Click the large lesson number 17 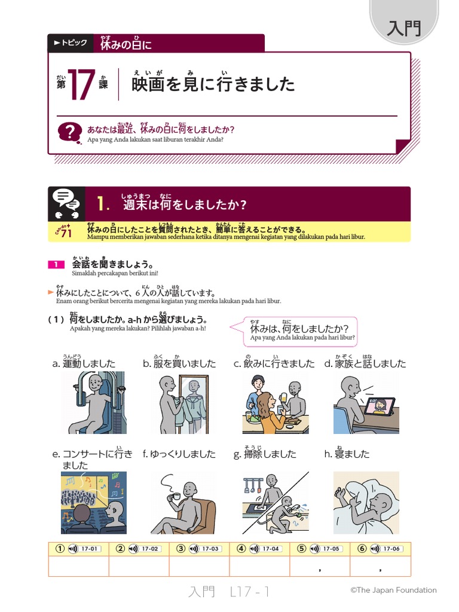click(x=81, y=84)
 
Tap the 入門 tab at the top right click(x=404, y=28)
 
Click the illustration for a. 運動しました click(x=93, y=402)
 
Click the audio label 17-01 click(x=88, y=549)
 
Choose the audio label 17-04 click(x=270, y=549)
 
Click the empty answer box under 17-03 click(x=199, y=567)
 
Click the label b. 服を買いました click(x=179, y=363)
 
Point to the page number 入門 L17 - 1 click(x=229, y=592)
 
